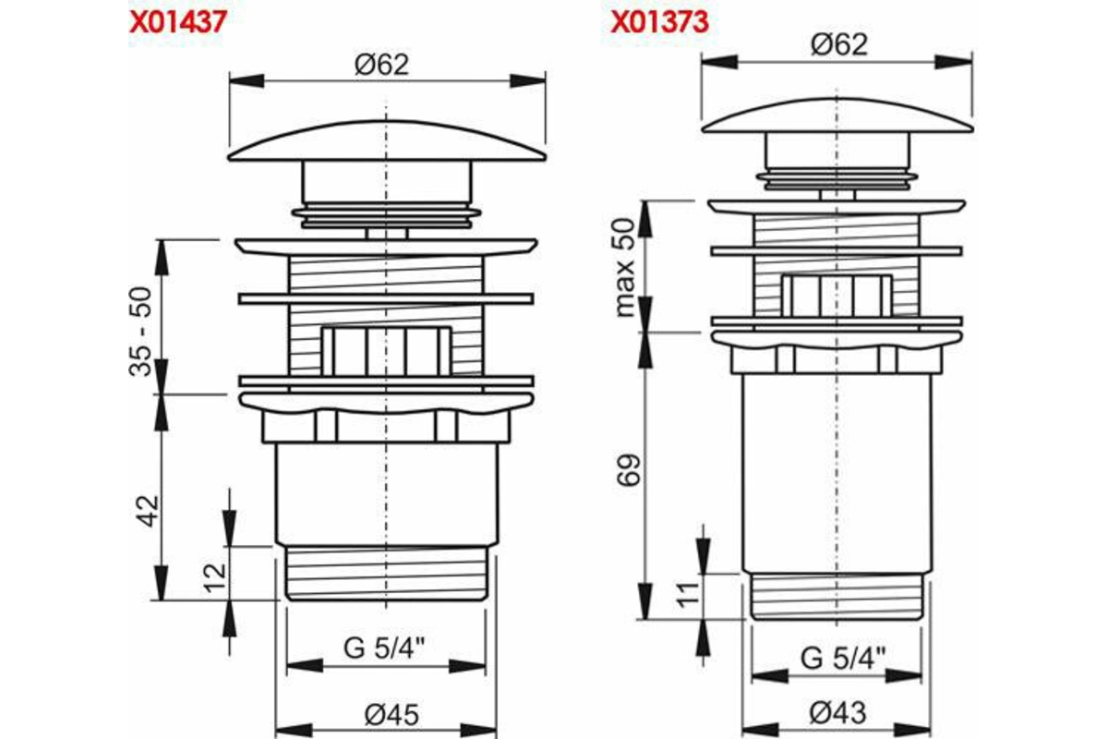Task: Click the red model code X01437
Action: tap(177, 22)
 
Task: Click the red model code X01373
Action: tap(660, 22)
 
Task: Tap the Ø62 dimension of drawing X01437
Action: tap(382, 65)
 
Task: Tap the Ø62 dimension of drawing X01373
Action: tap(839, 44)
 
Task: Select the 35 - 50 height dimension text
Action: tap(140, 331)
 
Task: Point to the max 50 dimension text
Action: tap(624, 268)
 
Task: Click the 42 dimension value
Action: tap(149, 511)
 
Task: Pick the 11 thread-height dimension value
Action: tap(688, 595)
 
